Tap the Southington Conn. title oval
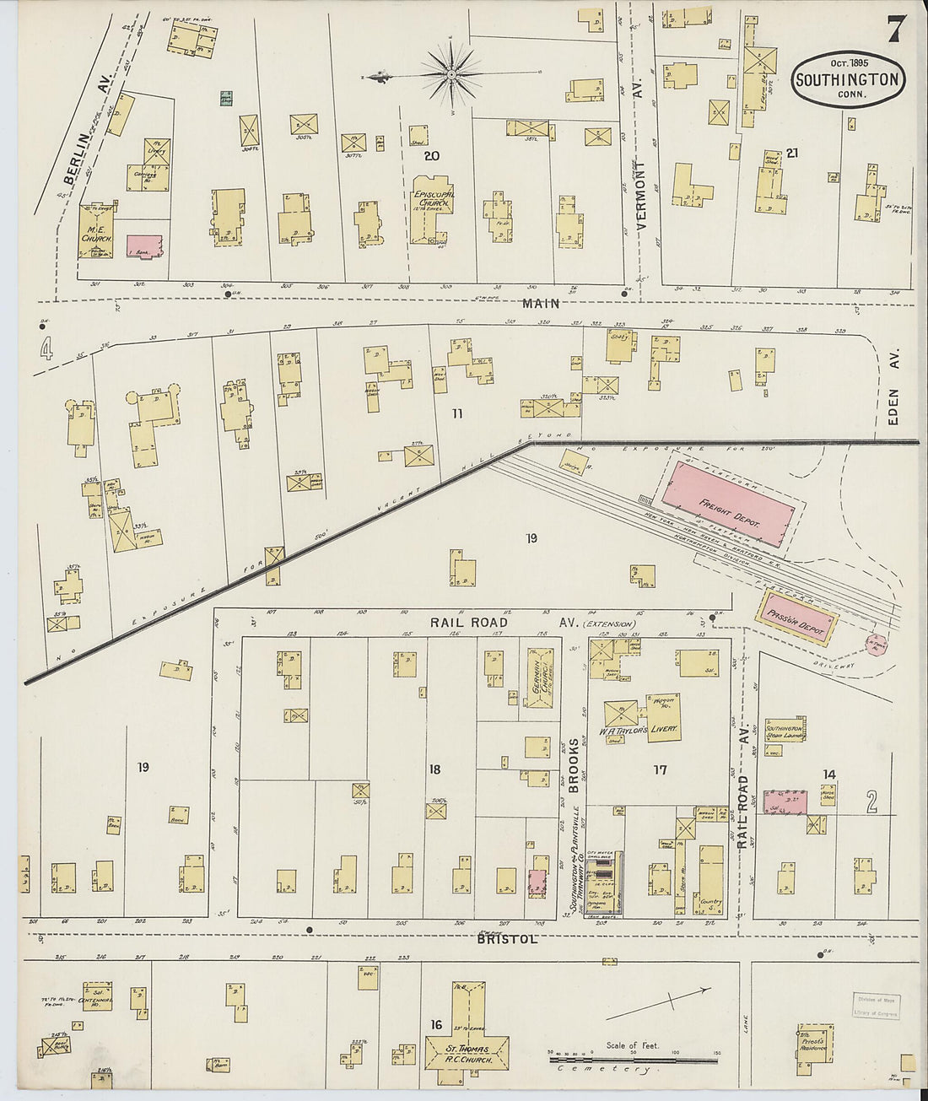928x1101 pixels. [x=850, y=79]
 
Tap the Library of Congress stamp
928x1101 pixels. [x=876, y=1007]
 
